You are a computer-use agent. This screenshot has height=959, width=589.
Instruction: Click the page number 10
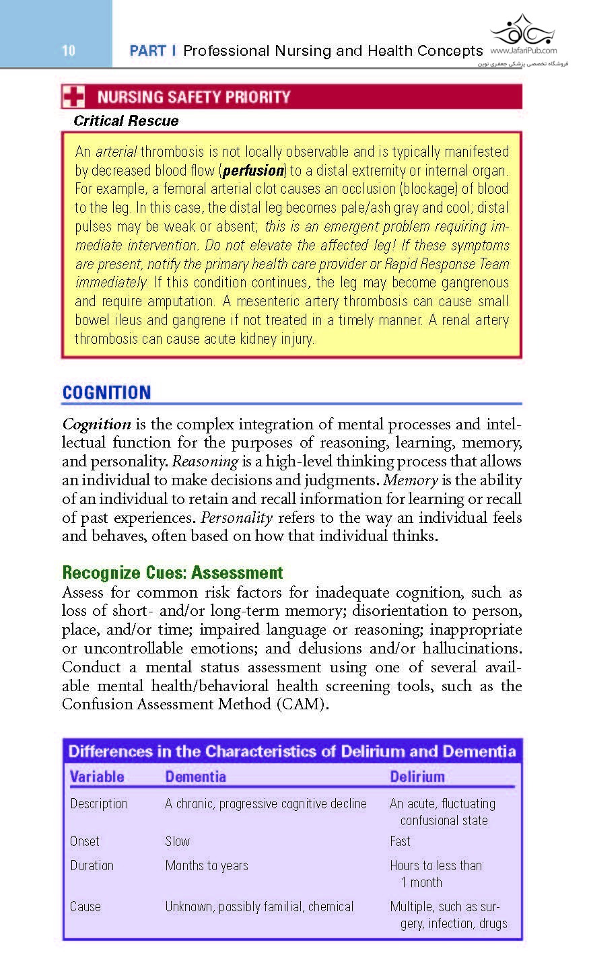click(68, 50)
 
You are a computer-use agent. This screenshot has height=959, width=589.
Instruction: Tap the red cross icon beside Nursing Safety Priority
click(73, 97)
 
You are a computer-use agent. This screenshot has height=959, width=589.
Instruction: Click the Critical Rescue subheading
click(126, 121)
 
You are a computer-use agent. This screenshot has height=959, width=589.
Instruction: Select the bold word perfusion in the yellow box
click(253, 171)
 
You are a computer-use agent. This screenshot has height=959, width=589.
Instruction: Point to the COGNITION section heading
click(106, 392)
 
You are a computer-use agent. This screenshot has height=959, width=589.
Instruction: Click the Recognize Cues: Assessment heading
click(172, 573)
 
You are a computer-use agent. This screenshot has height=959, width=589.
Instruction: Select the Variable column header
click(97, 777)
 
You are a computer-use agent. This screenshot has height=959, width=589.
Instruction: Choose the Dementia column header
click(195, 777)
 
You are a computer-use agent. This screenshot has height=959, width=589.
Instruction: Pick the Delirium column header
click(417, 777)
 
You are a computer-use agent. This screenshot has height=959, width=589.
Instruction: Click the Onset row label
click(85, 841)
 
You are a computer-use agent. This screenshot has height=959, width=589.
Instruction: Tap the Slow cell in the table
click(178, 841)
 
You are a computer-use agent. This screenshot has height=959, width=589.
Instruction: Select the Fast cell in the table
click(400, 841)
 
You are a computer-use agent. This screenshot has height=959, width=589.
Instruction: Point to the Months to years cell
click(207, 865)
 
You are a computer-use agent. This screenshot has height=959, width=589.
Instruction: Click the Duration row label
click(92, 865)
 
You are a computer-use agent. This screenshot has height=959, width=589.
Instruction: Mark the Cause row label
click(85, 907)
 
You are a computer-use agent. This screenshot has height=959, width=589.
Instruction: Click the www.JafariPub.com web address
click(523, 50)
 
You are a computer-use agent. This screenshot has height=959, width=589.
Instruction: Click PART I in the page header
click(153, 51)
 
